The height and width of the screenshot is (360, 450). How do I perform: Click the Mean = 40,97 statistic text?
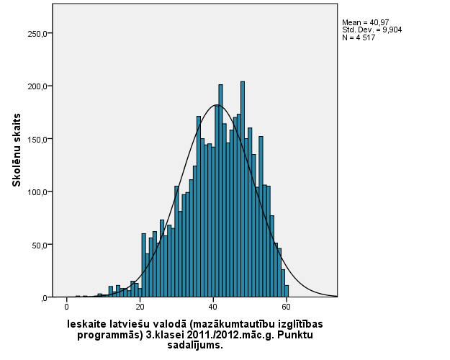point(364,23)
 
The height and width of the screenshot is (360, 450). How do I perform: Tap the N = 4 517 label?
point(359,37)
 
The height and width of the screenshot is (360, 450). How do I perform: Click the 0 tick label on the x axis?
point(67,307)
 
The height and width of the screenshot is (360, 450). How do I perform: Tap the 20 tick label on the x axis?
point(140,307)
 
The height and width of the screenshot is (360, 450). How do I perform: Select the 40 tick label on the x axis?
point(214,307)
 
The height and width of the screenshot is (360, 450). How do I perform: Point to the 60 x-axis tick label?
point(287,307)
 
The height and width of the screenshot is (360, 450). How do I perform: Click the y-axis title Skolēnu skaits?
point(16,150)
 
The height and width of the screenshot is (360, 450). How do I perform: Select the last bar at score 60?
point(287,291)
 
